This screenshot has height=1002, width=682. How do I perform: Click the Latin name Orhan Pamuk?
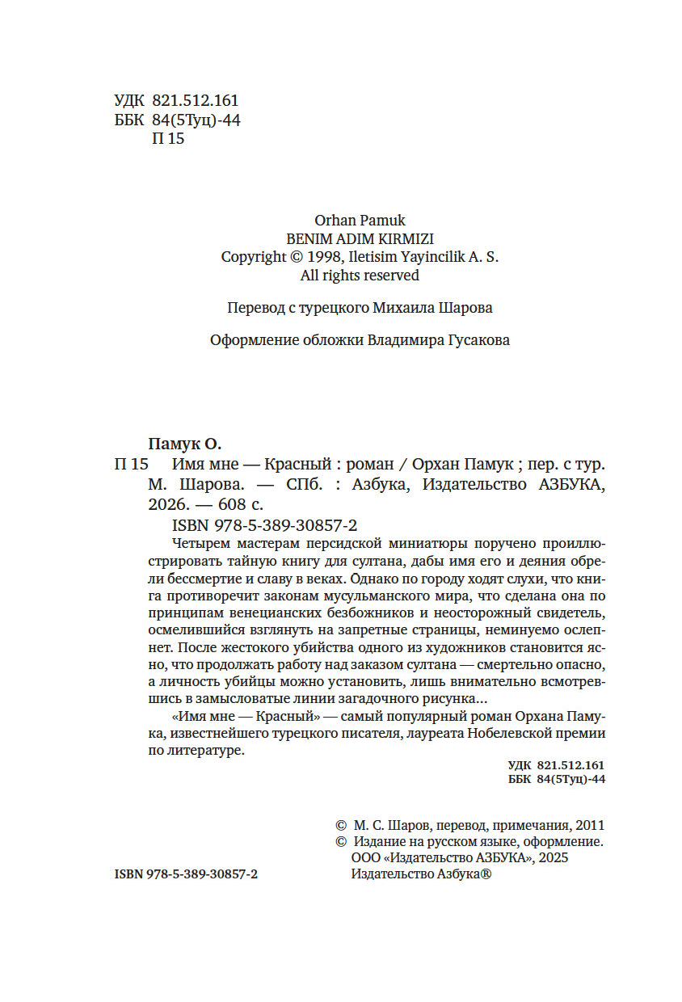coord(359,220)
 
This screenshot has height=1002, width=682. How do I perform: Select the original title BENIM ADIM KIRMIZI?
coord(360,238)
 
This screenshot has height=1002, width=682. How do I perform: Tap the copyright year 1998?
coord(326,257)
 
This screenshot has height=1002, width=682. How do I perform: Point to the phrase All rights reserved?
coord(360,276)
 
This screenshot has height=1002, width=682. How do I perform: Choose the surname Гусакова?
coord(478,340)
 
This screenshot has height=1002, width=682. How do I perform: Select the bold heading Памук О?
coord(185,444)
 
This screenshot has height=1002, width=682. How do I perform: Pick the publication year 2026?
coord(168,505)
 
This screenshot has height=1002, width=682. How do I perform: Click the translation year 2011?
coord(591,826)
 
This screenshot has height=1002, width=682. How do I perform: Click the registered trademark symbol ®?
coord(486,875)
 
